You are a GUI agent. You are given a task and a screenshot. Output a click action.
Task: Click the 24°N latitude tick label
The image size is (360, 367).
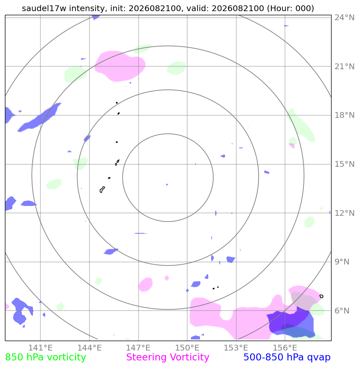point(344,18)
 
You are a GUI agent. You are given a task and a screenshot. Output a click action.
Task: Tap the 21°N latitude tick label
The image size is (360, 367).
point(344,66)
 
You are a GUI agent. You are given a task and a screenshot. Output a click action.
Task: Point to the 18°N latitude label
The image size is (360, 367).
point(344,115)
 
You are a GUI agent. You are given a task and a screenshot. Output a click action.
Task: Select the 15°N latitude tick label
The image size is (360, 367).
point(344,164)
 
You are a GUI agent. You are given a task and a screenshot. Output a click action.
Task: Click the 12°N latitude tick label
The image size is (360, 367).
point(344,213)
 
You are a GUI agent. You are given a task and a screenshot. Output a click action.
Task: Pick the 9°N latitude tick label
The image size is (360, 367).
point(342,262)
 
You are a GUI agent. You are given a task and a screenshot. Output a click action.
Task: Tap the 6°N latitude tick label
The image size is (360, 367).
point(342,311)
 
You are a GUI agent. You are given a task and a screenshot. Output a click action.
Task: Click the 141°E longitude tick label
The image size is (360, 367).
point(40,348)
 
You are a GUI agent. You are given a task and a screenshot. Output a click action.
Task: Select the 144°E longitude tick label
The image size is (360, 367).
point(89,348)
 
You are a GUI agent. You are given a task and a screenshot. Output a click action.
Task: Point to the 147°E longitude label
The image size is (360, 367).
point(138,348)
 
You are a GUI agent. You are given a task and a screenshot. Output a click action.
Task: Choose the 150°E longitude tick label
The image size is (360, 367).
point(187,348)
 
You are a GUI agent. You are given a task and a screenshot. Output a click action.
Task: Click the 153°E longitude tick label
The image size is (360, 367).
point(236,348)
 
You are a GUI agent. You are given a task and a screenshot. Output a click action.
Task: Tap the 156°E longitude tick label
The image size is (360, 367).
point(285,348)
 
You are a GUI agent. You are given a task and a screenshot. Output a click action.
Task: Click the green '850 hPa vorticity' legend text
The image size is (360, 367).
point(45,358)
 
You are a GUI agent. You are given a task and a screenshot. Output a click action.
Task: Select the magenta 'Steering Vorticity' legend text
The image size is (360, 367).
point(167,358)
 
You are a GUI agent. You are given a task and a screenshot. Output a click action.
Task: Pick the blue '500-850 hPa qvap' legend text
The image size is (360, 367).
point(287,358)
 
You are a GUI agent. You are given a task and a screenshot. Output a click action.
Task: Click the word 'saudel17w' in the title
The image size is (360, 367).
point(44,8)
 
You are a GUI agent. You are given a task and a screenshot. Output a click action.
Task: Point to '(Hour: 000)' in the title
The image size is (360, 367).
point(290,8)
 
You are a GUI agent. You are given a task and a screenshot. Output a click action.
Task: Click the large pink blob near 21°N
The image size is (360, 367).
point(120,66)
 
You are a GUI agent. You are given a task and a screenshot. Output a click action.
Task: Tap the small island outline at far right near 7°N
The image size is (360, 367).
point(321,296)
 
